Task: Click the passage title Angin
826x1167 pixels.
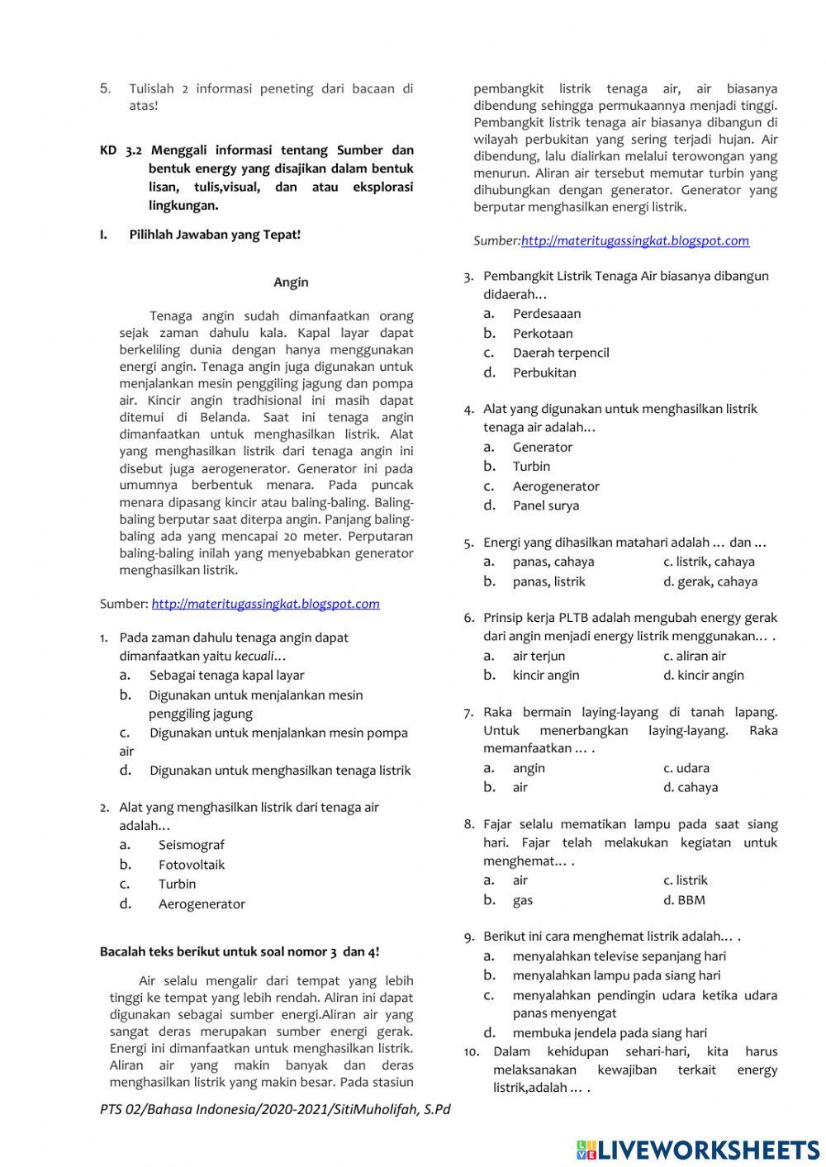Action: (291, 282)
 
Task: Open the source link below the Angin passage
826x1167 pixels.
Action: (265, 604)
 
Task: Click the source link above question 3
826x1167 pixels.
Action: (634, 240)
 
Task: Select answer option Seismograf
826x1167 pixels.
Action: (191, 845)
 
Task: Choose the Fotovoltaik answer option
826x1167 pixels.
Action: (192, 865)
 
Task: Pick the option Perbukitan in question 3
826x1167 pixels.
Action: (544, 372)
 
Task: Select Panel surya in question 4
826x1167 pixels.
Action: (545, 505)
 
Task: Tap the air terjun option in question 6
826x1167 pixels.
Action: (539, 656)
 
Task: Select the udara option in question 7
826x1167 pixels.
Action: (691, 768)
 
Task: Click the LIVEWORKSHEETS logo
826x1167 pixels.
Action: (698, 1149)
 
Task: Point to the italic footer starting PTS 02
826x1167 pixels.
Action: (275, 1109)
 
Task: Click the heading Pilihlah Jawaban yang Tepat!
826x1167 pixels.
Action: (215, 235)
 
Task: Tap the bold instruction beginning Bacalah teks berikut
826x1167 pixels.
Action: (240, 951)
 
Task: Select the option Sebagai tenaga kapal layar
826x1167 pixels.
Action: (226, 676)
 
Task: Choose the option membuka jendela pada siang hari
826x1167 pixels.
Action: (610, 1032)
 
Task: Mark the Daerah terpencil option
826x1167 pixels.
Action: (561, 353)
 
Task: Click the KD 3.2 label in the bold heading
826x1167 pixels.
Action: (121, 150)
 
